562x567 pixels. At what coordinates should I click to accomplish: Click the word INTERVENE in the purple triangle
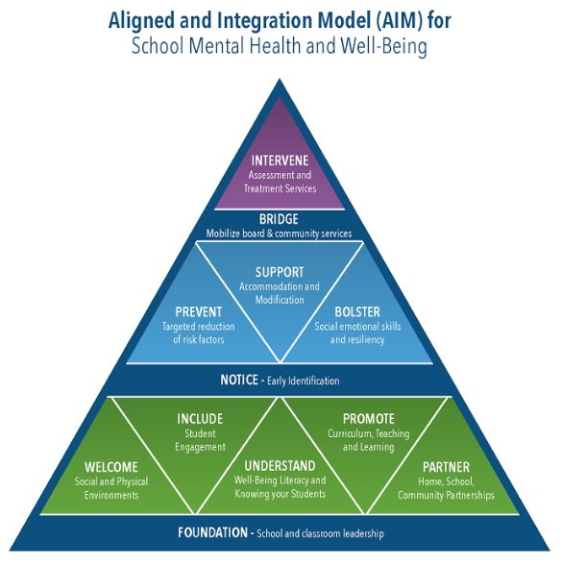click(x=280, y=160)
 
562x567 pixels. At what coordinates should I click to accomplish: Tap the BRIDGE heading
click(x=279, y=219)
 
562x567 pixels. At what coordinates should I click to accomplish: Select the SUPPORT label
click(x=280, y=272)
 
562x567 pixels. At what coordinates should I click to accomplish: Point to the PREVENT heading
click(x=199, y=312)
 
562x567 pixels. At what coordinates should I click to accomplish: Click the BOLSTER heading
click(x=357, y=312)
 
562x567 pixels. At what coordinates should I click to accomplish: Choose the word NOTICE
click(x=239, y=380)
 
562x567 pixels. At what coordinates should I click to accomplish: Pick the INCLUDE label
click(x=200, y=419)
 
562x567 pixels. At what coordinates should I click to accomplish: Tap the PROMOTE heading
click(x=369, y=419)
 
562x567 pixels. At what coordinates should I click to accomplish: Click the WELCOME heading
click(x=111, y=467)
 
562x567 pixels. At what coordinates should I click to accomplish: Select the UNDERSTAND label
click(x=280, y=466)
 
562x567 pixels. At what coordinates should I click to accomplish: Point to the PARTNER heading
click(x=447, y=467)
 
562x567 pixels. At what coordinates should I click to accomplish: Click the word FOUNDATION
click(x=213, y=532)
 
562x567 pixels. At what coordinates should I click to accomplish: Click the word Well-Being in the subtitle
click(x=384, y=47)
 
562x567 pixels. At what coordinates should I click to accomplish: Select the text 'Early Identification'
click(x=304, y=381)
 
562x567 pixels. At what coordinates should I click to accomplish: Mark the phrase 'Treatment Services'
click(x=281, y=188)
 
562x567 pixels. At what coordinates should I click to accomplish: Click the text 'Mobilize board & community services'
click(x=279, y=234)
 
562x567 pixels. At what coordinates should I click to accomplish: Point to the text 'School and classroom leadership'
click(x=320, y=533)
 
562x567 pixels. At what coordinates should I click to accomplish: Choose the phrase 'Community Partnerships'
click(x=446, y=495)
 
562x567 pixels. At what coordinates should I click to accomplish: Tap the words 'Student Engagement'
click(x=200, y=440)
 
